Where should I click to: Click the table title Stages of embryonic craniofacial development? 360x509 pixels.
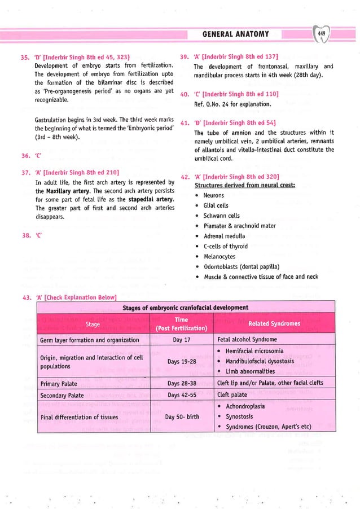click(x=185, y=308)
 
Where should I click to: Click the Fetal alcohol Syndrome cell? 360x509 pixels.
click(x=247, y=340)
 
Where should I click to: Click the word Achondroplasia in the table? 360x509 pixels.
click(x=252, y=406)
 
